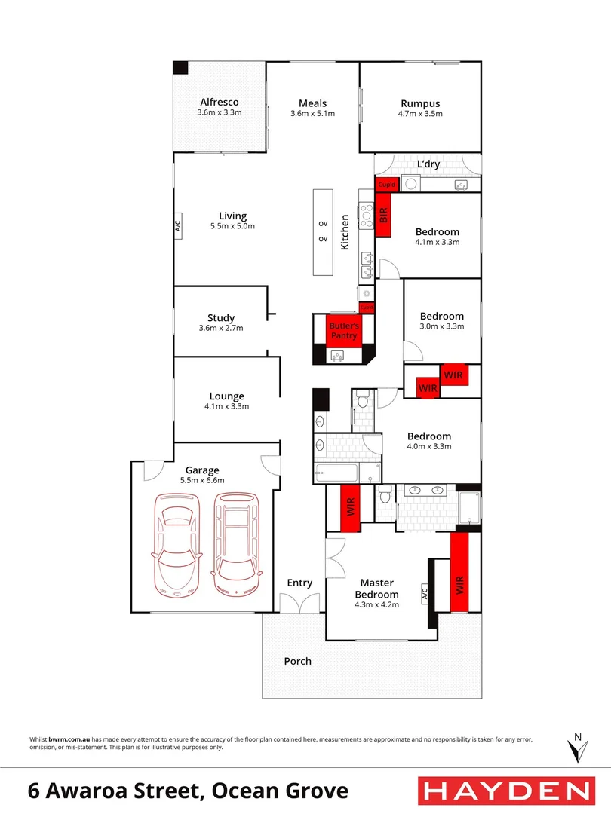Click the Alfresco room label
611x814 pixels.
point(220,103)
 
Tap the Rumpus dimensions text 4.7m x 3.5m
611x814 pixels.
point(420,114)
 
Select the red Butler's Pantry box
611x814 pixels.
point(343,330)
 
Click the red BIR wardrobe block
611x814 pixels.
point(383,215)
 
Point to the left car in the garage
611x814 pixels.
point(177,544)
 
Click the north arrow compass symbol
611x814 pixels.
point(577,748)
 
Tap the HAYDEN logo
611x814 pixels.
point(507,791)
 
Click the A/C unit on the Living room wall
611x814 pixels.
point(177,226)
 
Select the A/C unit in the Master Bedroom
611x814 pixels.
point(424,592)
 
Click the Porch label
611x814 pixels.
point(298,662)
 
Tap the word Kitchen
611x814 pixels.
point(345,233)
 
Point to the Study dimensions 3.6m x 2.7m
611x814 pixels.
point(221,328)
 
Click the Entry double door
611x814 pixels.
point(299,603)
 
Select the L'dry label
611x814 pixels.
point(428,164)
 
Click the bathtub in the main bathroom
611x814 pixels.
point(336,473)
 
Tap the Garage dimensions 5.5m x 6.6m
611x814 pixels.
point(202,481)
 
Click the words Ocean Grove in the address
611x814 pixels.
point(280,791)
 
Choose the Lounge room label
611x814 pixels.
point(226,396)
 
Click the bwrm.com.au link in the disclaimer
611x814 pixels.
point(69,739)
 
